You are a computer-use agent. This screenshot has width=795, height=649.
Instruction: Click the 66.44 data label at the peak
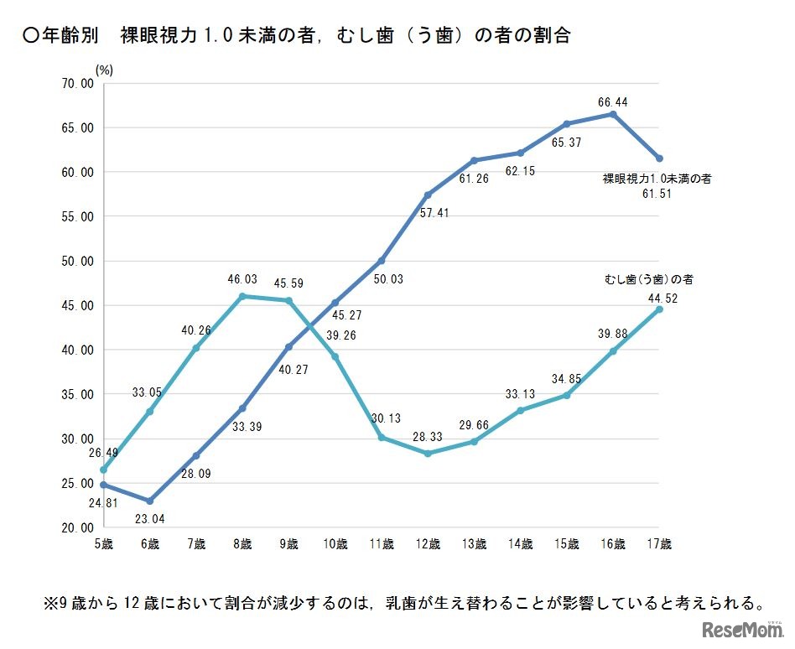pos(613,101)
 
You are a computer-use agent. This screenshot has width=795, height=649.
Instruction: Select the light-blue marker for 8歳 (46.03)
pos(242,296)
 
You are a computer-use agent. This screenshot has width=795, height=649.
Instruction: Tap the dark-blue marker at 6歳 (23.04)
pos(150,501)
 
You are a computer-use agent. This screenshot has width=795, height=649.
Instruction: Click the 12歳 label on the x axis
pos(428,543)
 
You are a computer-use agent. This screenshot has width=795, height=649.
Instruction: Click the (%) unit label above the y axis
pos(104,70)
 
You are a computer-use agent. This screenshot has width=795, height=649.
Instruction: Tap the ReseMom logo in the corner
pos(741,628)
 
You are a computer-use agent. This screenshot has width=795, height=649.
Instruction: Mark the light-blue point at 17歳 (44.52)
pos(659,309)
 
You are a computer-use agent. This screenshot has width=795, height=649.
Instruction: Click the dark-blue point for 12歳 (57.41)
pos(428,195)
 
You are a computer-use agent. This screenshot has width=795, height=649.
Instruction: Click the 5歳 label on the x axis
pos(104,543)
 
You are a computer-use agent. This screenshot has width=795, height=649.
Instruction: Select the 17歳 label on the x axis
pos(659,543)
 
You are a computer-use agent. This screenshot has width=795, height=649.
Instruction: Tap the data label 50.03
pos(387,278)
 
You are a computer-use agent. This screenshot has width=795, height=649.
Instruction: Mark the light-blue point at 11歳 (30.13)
pos(381,437)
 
